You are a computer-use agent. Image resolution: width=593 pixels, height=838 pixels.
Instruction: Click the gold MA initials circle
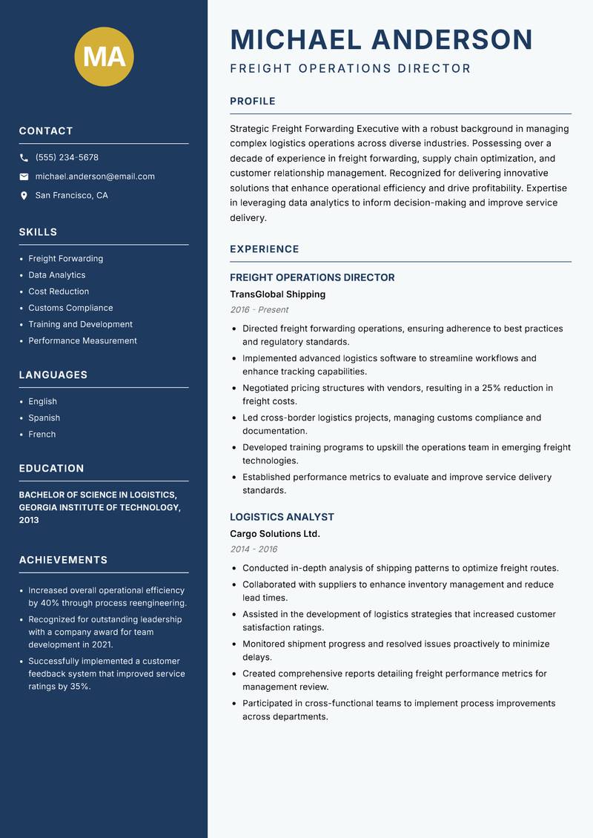[x=105, y=56]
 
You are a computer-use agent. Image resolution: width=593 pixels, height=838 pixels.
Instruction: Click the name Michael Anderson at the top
[x=381, y=39]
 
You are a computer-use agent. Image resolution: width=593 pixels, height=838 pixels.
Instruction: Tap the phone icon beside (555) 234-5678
[x=24, y=158]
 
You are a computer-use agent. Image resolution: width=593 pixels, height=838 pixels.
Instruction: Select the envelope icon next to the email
[x=24, y=176]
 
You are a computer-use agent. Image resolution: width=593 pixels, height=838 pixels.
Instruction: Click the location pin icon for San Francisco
[x=24, y=196]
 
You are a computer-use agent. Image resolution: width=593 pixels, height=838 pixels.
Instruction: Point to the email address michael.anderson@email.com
[x=95, y=176]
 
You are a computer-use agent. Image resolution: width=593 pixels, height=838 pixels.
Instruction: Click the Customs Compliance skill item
[x=70, y=308]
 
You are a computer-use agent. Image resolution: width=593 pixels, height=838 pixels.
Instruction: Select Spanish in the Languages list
[x=44, y=418]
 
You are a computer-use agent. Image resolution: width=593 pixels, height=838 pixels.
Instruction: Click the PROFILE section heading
[x=252, y=102]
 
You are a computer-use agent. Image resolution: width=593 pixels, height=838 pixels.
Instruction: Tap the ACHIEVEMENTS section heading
[x=63, y=560]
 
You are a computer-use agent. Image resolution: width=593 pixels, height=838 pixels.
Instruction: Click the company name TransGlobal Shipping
[x=277, y=294]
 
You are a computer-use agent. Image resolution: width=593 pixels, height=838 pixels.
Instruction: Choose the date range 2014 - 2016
[x=254, y=550]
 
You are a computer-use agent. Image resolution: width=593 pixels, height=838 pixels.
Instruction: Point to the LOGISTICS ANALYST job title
[x=282, y=517]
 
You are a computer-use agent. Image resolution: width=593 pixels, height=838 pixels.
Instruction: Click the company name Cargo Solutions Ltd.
[x=274, y=534]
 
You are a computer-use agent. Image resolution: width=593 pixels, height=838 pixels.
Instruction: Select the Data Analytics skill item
[x=56, y=275]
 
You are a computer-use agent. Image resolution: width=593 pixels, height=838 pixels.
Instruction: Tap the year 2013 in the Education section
[x=29, y=520]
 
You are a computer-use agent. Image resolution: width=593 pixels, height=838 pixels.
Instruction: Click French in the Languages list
[x=42, y=435]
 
